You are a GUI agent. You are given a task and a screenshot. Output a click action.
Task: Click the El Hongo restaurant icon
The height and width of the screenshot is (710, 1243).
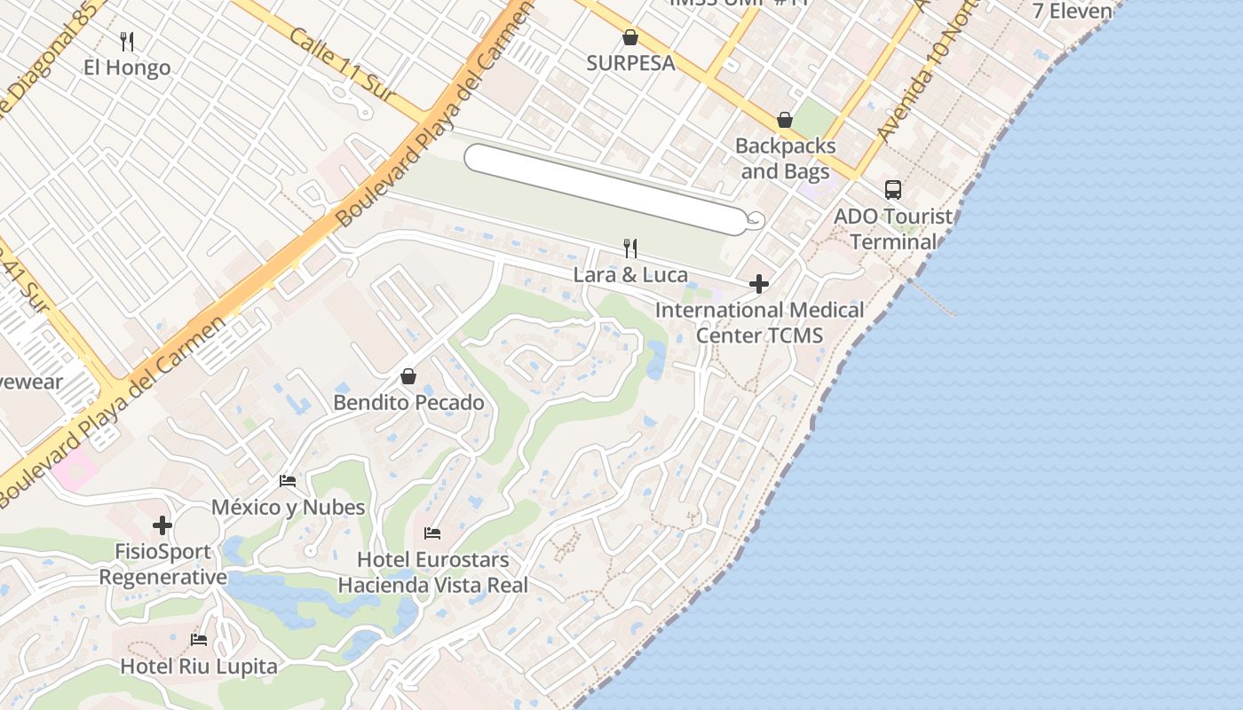(x=127, y=41)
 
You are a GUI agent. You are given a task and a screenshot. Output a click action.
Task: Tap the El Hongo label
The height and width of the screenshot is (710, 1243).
(x=127, y=67)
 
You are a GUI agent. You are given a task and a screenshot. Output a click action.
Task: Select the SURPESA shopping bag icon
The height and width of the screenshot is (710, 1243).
(x=630, y=37)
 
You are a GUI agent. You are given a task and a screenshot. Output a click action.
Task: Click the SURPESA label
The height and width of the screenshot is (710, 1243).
(x=630, y=63)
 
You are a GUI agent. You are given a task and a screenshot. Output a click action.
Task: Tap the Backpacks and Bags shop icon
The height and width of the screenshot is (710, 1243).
(x=785, y=119)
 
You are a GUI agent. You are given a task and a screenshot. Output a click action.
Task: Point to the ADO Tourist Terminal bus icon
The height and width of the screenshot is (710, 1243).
(x=893, y=189)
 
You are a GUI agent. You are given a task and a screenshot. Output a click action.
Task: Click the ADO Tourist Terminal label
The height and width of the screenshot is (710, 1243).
(x=893, y=229)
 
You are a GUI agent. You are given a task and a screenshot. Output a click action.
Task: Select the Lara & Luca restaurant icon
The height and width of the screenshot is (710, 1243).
(x=630, y=248)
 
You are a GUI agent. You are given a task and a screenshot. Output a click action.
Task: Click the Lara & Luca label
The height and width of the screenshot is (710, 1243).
(x=630, y=274)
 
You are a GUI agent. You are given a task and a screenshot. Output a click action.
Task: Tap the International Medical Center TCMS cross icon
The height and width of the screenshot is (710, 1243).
(x=759, y=284)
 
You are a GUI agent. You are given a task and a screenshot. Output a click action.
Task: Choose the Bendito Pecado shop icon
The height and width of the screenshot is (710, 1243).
(x=408, y=376)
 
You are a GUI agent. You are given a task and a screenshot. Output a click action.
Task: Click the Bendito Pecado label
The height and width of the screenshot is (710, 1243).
(x=408, y=403)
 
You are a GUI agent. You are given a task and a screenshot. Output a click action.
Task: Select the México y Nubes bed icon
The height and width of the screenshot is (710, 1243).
(x=288, y=481)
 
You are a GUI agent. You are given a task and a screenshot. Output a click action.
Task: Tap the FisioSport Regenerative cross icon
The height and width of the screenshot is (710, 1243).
(x=162, y=525)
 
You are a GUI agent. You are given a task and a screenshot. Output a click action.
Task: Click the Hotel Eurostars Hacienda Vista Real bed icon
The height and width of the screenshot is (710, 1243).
(x=432, y=533)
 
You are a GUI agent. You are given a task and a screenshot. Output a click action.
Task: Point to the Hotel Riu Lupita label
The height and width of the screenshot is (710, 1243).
(x=199, y=666)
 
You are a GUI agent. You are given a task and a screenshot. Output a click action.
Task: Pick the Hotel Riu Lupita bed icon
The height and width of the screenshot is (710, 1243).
(x=199, y=640)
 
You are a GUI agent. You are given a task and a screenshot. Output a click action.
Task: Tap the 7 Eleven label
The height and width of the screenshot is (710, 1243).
(x=1073, y=11)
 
